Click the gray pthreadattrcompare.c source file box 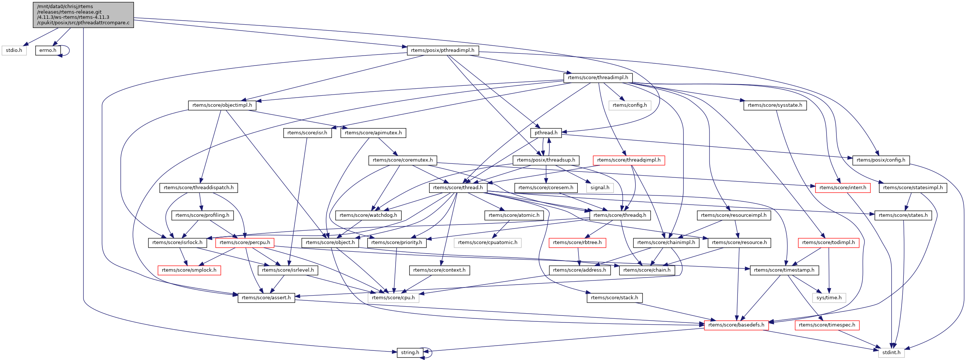coord(83,15)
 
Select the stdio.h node coord(14,50)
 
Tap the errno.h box coord(48,50)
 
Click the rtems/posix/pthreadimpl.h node coord(442,50)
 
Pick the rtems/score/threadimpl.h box coord(598,78)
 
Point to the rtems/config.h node coord(630,105)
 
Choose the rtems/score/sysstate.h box coord(775,105)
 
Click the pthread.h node coord(546,133)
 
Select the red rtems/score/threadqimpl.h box coord(629,160)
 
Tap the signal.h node coord(600,187)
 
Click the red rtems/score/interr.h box coord(843,187)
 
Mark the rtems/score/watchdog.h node coord(368,215)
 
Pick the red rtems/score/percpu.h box coord(245,243)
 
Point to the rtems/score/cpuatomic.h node coord(488,243)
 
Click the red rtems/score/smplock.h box coord(189,270)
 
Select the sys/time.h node coord(829,298)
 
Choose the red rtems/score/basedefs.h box coord(736,325)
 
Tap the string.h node coord(410,353)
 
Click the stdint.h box coord(891,353)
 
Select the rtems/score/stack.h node coord(615,298)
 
